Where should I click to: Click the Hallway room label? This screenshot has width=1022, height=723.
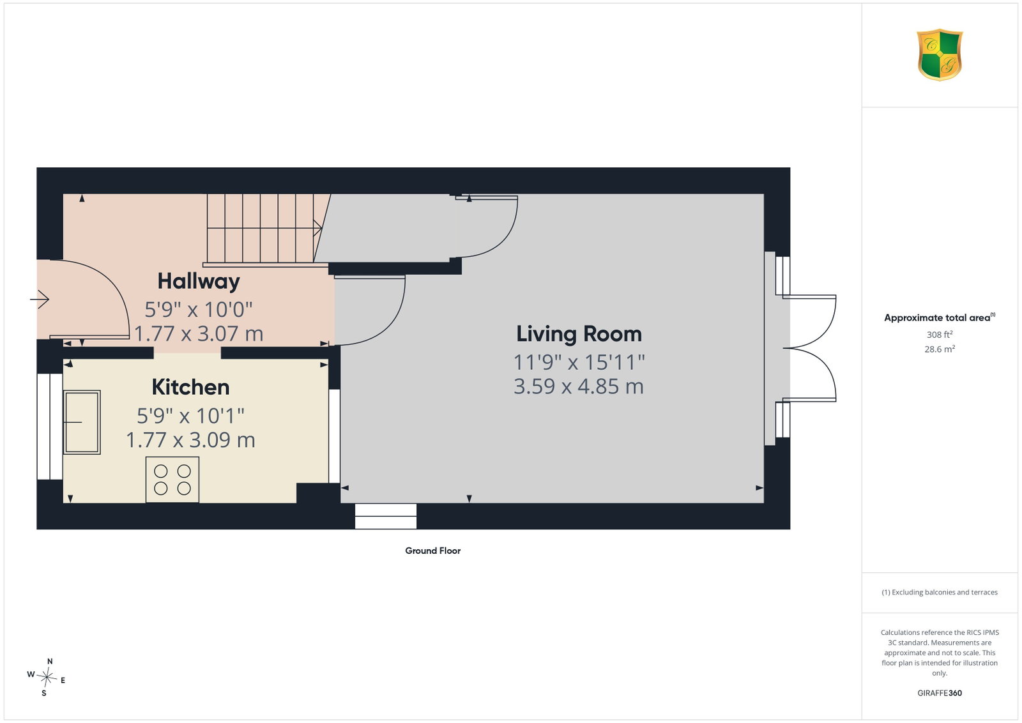(x=199, y=282)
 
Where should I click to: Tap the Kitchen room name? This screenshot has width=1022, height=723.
(x=191, y=387)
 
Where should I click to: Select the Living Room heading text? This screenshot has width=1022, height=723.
(x=579, y=334)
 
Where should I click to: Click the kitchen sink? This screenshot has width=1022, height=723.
(x=82, y=422)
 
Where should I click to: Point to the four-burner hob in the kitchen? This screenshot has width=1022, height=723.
(x=172, y=480)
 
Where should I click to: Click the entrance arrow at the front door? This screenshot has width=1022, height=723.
(x=40, y=300)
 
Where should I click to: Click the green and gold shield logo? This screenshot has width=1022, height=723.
(x=940, y=55)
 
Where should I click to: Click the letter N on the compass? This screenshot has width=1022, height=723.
(x=50, y=662)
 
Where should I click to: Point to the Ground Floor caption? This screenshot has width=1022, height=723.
(x=433, y=551)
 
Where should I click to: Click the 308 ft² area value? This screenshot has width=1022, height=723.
(x=940, y=335)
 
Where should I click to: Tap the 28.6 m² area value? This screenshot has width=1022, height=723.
(x=940, y=349)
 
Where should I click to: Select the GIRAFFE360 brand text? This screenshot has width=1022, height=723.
(x=940, y=693)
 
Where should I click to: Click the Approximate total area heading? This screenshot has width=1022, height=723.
(x=940, y=317)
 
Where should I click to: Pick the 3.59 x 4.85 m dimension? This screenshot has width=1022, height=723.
(x=579, y=386)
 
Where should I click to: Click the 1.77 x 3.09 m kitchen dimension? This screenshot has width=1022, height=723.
(x=190, y=440)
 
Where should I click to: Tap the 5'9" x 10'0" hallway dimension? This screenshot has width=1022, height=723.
(x=199, y=310)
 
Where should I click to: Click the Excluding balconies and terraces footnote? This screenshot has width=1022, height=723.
(x=940, y=592)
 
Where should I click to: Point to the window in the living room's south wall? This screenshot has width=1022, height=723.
(x=386, y=516)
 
